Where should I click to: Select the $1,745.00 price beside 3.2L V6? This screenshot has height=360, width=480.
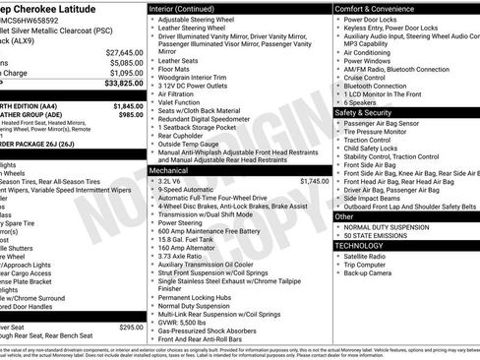click(314, 181)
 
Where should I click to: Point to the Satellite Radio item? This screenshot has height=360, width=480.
click(369, 255)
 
